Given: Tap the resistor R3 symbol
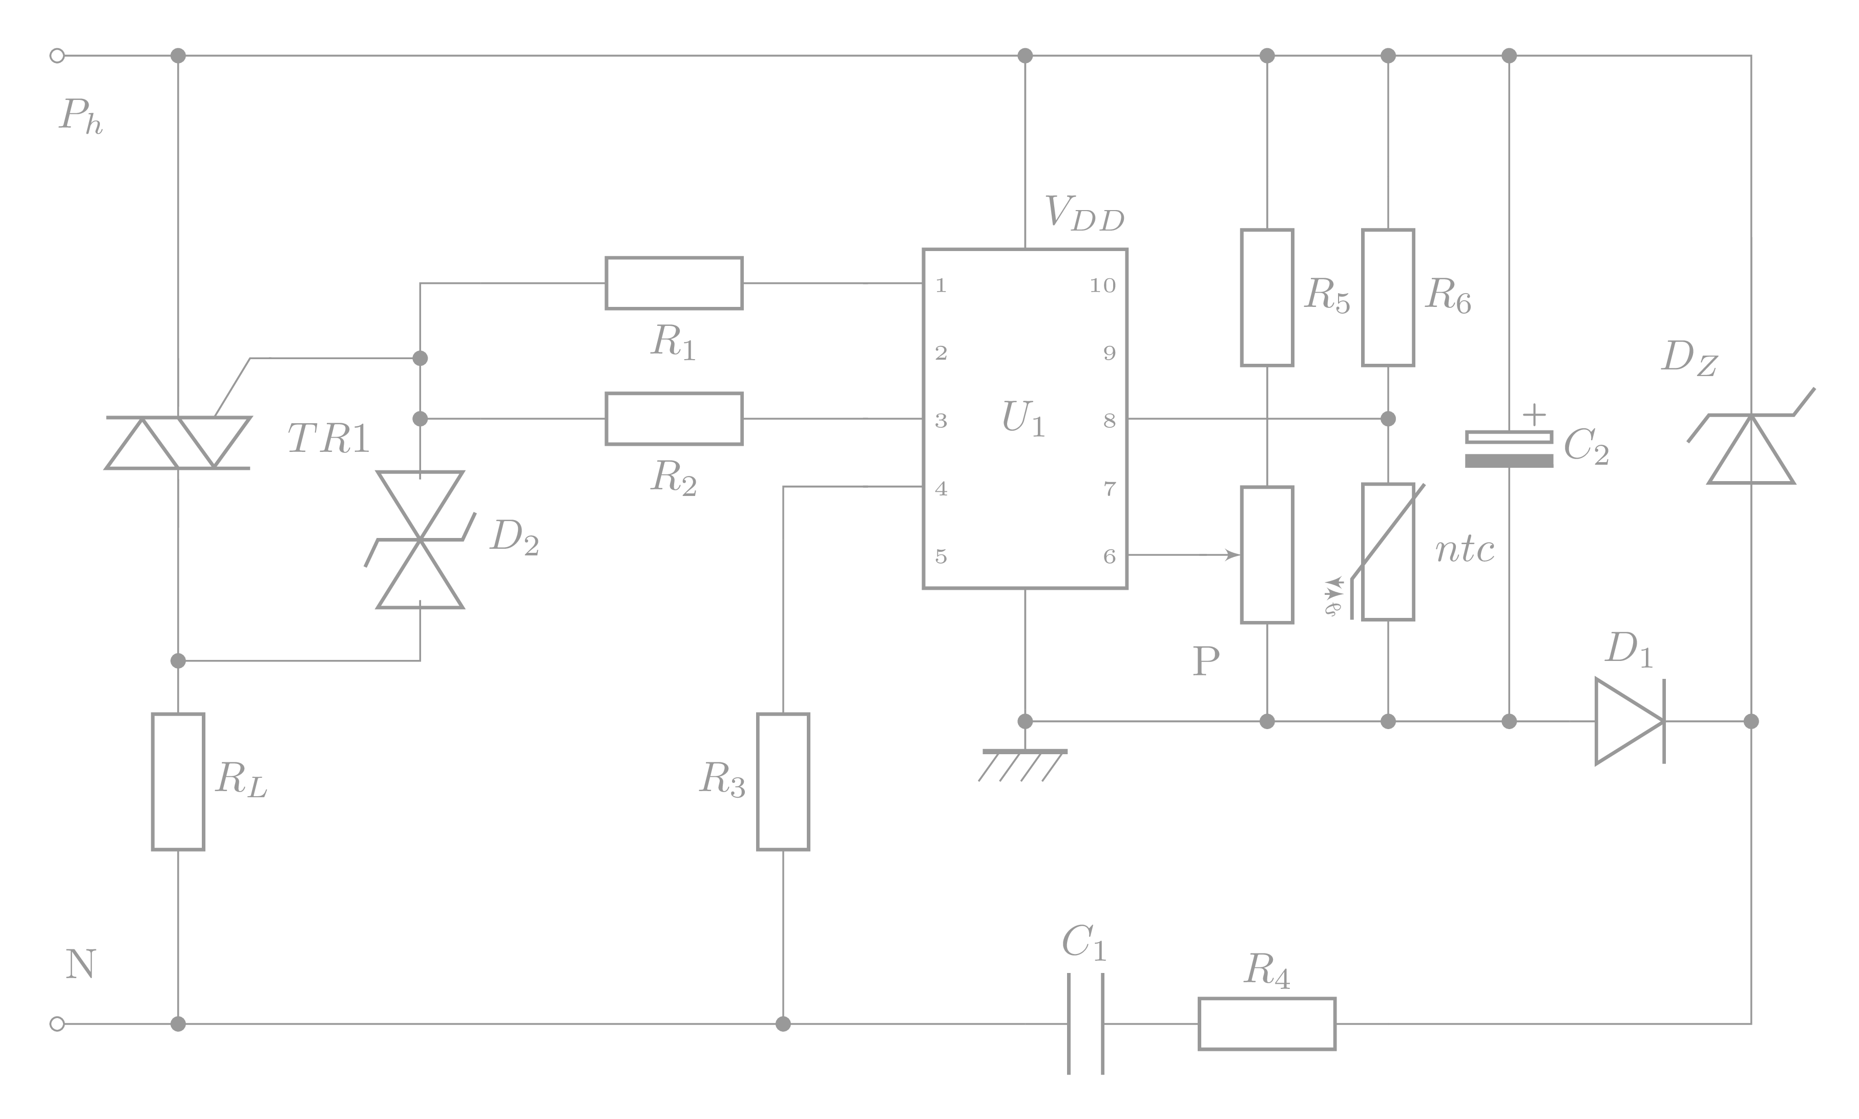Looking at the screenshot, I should click(783, 781).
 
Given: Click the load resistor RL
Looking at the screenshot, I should click(178, 781).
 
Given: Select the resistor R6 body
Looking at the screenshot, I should click(1387, 297).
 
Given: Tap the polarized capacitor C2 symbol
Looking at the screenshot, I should click(1509, 449).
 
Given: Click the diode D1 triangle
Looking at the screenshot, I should click(1628, 721).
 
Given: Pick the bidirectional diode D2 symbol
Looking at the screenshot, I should click(420, 540).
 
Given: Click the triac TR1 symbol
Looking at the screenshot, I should click(178, 443).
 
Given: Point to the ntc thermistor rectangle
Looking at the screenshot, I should click(1387, 551).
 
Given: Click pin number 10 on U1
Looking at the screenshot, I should click(1102, 285).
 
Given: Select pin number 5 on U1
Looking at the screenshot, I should click(941, 556).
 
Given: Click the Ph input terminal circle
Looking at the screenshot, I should click(56, 55).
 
